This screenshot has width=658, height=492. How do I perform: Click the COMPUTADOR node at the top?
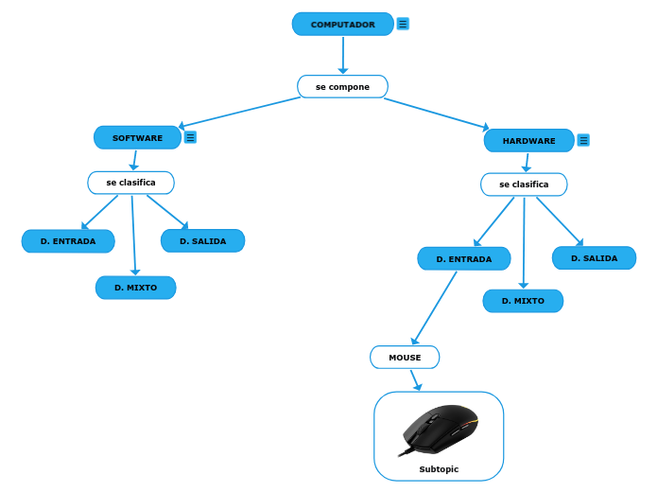[342, 25]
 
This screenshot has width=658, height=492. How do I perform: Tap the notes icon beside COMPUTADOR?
[403, 24]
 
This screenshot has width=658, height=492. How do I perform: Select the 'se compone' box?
[342, 87]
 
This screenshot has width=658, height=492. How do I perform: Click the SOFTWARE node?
[137, 138]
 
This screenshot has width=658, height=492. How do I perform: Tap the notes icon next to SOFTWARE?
[190, 137]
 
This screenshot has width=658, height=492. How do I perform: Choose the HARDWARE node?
[528, 141]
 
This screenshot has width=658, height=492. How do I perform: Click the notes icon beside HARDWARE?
[583, 140]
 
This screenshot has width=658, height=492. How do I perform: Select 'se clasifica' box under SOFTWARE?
[130, 183]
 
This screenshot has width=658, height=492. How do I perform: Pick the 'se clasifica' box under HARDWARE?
[524, 184]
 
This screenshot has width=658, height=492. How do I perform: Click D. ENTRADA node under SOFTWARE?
[68, 241]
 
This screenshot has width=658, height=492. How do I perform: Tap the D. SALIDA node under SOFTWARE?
[202, 241]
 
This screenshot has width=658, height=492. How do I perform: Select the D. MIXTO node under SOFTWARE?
[135, 288]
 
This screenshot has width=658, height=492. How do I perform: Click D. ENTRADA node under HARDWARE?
[463, 259]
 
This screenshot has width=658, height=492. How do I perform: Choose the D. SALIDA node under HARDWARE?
[594, 258]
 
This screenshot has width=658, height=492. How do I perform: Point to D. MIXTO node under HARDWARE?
[523, 301]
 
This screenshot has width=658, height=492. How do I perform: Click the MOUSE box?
[405, 358]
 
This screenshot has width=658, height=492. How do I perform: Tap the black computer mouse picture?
[439, 430]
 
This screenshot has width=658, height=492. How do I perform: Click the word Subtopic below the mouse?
[439, 469]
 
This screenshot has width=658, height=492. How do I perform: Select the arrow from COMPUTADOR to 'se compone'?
[342, 56]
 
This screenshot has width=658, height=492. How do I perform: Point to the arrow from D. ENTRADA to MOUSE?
[435, 307]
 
